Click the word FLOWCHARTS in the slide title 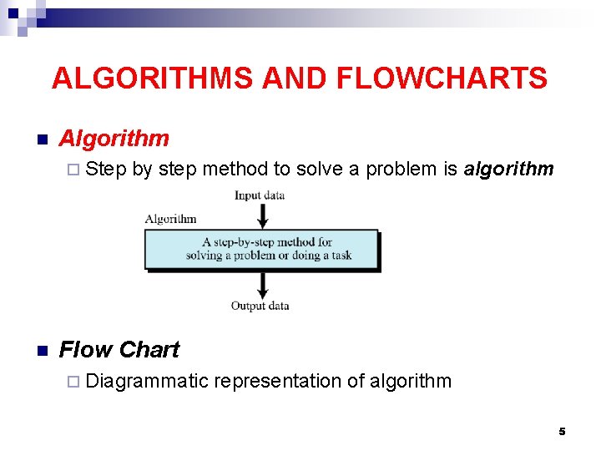tap(442, 79)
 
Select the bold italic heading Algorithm tap(114, 139)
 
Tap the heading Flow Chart tap(119, 350)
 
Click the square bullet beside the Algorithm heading tap(40, 139)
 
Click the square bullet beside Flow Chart tap(40, 351)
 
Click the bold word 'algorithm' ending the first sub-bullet tap(508, 170)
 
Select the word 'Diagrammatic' tap(147, 382)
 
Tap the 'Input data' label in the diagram tap(260, 195)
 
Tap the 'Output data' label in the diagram tap(260, 307)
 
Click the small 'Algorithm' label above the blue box tap(170, 220)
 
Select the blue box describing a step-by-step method tap(261, 249)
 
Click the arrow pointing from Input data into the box tap(262, 215)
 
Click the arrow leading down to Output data tap(262, 285)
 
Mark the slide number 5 tap(562, 431)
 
